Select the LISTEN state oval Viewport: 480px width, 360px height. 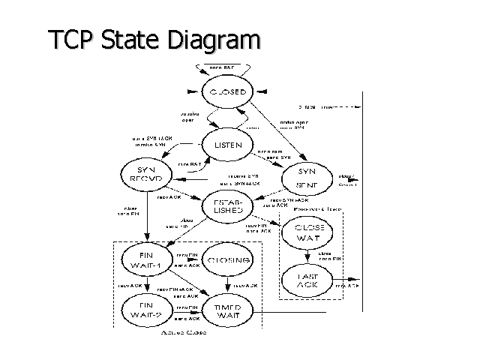(x=227, y=144)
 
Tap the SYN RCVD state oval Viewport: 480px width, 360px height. (x=142, y=174)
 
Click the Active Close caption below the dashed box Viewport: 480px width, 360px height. (x=184, y=332)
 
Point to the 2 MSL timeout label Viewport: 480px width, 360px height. (x=315, y=107)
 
